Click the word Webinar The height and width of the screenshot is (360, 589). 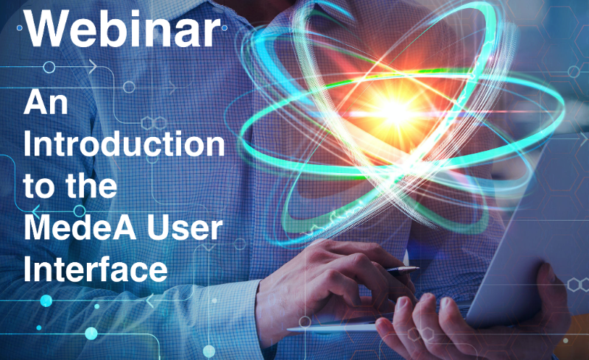coord(123,29)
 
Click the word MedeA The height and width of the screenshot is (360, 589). coord(80,227)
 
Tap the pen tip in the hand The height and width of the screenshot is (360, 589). coord(417,268)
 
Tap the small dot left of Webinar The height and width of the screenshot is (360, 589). coord(20,28)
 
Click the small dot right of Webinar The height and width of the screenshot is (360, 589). coord(225,28)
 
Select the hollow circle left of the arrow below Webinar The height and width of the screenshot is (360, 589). coord(49,67)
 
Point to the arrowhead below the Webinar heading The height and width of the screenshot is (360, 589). coord(93,67)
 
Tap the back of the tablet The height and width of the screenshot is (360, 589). coord(526,233)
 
